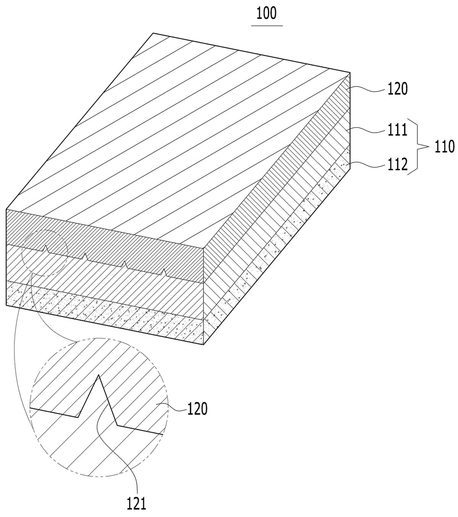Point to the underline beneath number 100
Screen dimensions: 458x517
click(267, 26)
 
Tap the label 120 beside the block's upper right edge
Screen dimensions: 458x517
click(398, 89)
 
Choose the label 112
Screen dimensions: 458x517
click(398, 164)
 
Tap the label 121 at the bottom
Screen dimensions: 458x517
click(137, 504)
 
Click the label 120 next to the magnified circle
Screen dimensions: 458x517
click(198, 408)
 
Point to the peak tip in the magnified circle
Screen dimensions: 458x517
click(98, 375)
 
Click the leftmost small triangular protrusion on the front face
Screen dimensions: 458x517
click(46, 248)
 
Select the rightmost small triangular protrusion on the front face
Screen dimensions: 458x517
click(164, 272)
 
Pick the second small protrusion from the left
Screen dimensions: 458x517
click(85, 256)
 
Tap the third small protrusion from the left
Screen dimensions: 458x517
click(124, 264)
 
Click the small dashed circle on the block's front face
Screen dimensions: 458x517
click(22, 253)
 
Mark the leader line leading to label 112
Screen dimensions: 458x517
click(367, 165)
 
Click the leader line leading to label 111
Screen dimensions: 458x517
click(367, 130)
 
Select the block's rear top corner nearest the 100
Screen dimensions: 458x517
click(153, 33)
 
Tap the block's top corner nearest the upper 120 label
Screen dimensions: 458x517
click(350, 73)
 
